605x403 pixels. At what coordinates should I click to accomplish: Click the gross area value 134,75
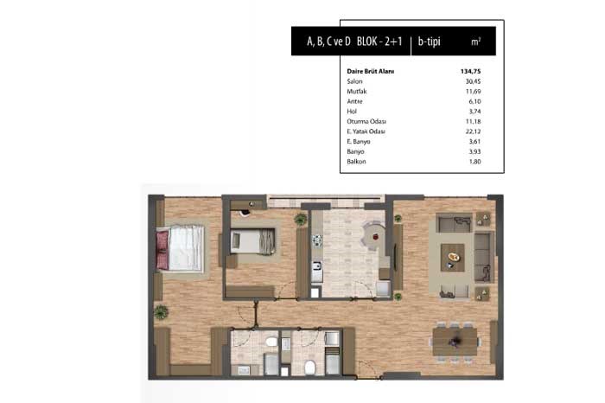click(470, 72)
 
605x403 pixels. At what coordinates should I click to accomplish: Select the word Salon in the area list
click(354, 81)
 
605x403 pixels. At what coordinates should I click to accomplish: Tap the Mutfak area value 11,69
click(473, 92)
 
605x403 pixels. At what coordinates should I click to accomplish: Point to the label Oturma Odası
click(366, 122)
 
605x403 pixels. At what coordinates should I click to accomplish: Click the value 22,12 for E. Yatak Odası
click(473, 131)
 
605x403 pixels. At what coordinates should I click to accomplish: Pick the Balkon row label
click(356, 162)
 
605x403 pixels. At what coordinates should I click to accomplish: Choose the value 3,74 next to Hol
click(474, 112)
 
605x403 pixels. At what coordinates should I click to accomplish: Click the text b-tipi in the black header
click(429, 42)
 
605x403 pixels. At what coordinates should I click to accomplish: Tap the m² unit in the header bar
click(475, 42)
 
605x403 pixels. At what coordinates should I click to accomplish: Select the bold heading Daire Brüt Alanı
click(371, 72)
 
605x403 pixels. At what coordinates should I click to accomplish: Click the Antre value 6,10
click(474, 101)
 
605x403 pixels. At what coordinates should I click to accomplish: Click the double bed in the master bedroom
click(180, 248)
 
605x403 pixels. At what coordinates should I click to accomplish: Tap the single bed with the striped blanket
click(252, 241)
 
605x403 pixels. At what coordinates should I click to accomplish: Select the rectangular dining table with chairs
click(455, 342)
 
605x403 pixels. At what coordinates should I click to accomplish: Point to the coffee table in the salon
click(453, 258)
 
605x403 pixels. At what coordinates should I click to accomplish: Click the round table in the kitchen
click(373, 235)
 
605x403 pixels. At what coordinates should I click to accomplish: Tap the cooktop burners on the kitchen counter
click(317, 240)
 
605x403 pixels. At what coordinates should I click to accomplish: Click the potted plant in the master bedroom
click(162, 311)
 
